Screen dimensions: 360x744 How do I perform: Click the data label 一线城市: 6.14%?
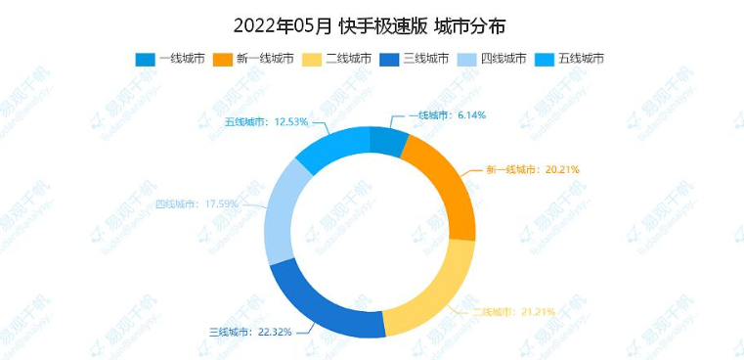click(446, 115)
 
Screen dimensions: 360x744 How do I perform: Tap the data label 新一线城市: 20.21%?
click(533, 169)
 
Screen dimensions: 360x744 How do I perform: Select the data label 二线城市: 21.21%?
click(514, 312)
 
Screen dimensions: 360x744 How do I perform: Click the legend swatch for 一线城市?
click(145, 59)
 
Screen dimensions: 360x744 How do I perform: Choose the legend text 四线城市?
click(503, 59)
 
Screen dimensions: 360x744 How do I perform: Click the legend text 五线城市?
click(581, 59)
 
